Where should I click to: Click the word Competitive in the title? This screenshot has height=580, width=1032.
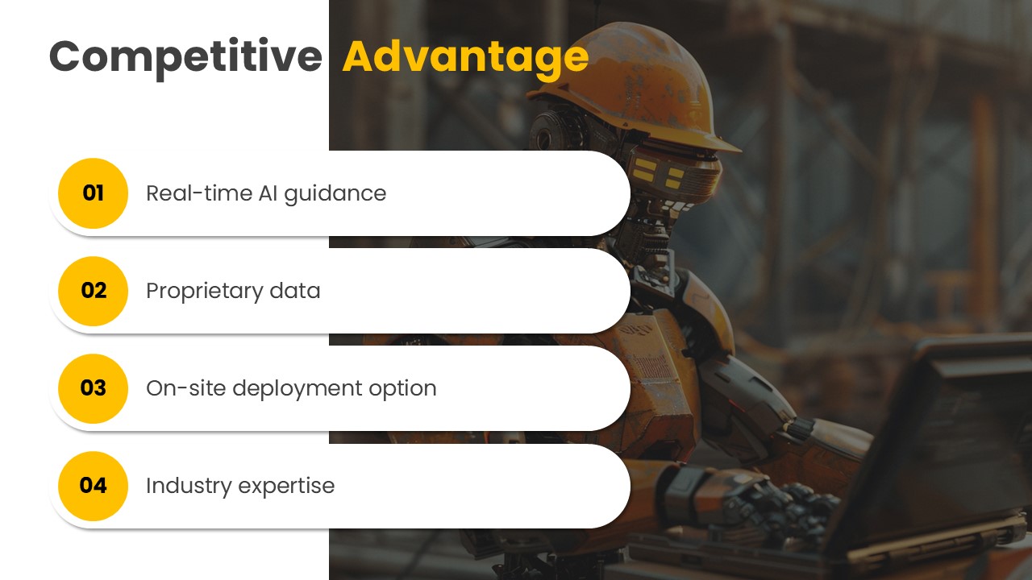point(185,58)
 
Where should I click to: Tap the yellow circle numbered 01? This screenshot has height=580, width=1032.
point(93,193)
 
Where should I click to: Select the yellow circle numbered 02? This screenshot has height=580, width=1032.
point(93,291)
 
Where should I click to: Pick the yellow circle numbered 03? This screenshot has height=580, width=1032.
point(93,388)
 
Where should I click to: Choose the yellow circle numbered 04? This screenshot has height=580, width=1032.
point(93,486)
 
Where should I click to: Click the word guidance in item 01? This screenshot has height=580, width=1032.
point(335,194)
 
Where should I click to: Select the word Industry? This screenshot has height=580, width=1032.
point(189,487)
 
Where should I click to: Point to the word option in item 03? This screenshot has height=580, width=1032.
point(402,389)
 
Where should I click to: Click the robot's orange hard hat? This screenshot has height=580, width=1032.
point(636,88)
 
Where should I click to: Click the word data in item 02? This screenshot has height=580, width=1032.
point(295,291)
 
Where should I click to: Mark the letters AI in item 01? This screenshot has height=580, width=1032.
point(268,193)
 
